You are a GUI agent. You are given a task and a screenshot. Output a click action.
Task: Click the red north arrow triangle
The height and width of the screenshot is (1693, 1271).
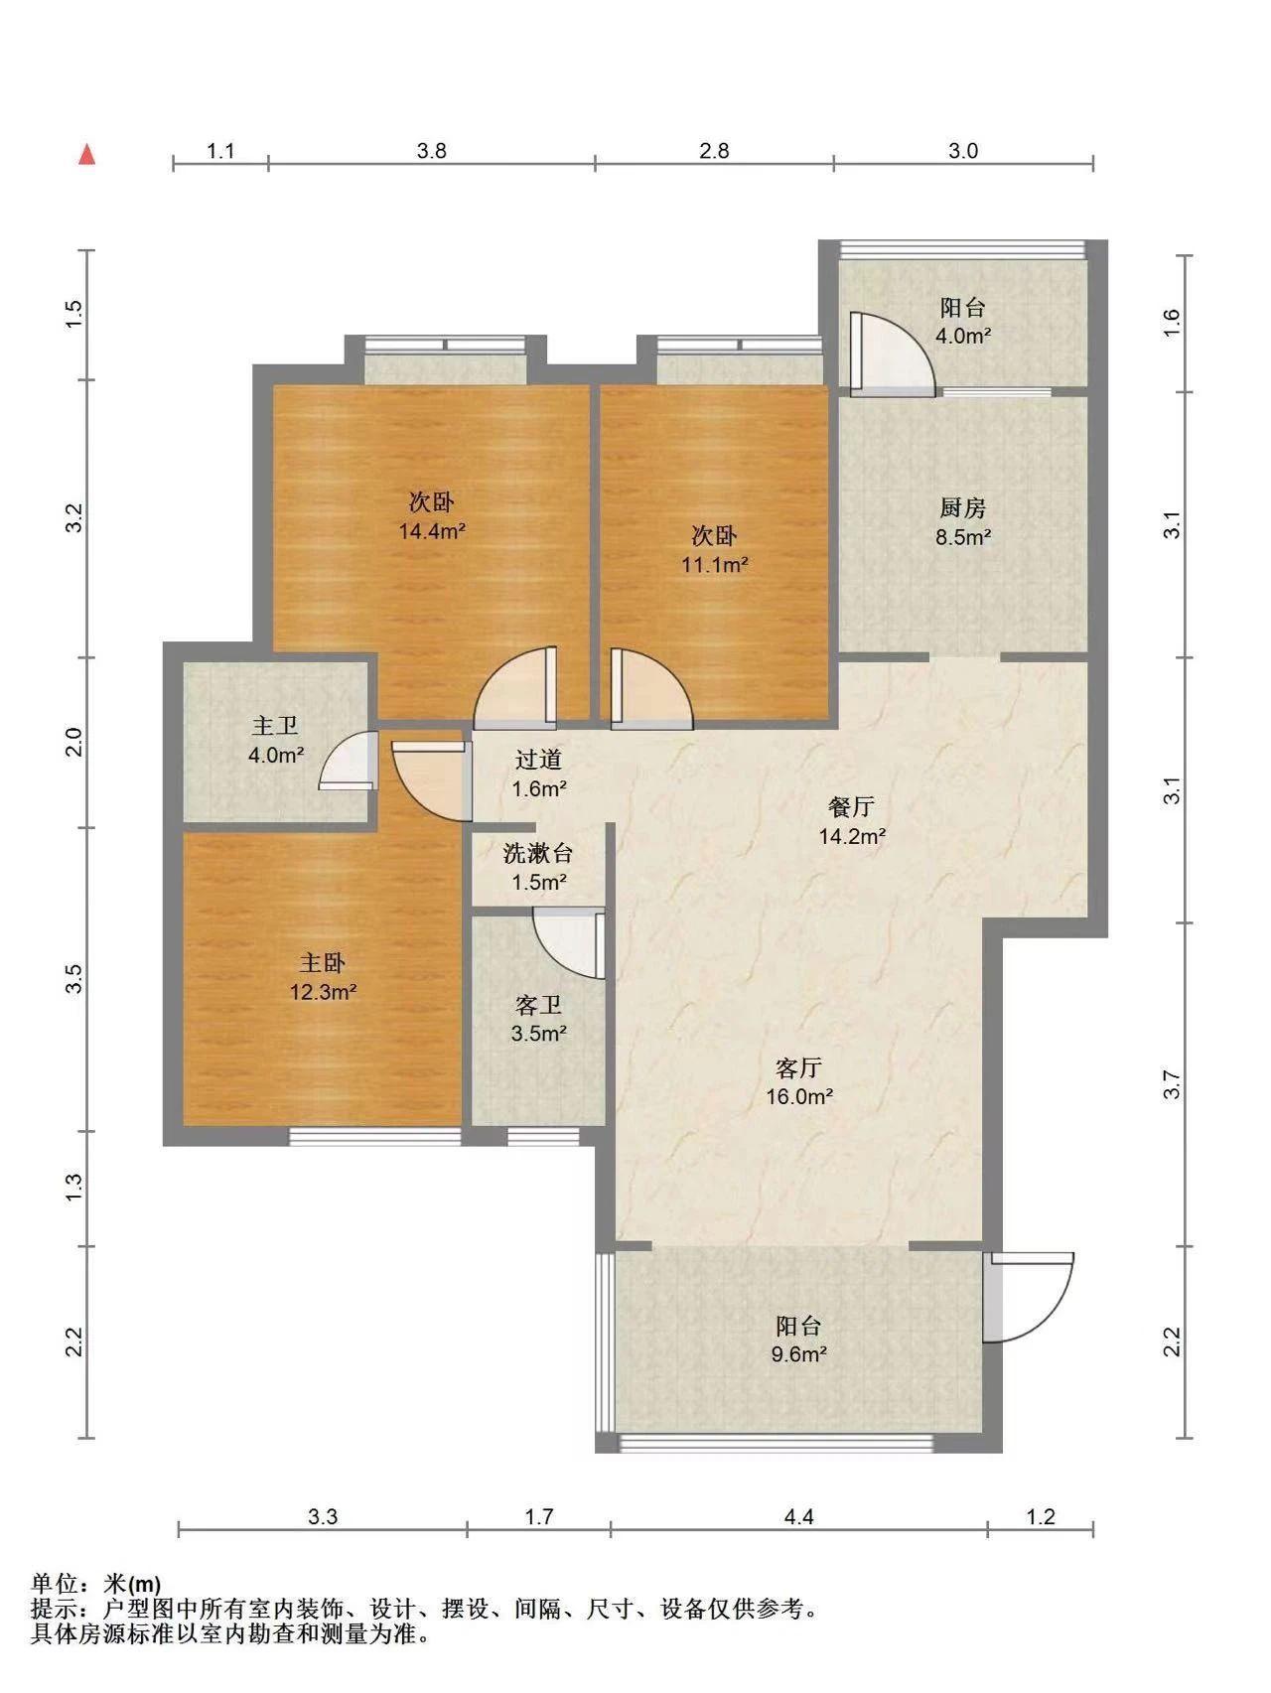tap(87, 154)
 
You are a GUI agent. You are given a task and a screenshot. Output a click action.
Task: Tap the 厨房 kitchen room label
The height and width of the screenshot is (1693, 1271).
tap(962, 508)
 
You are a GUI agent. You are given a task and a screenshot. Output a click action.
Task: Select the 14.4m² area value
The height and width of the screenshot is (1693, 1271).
tap(432, 531)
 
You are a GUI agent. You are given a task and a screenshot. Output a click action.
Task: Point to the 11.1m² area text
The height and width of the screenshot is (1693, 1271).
tap(714, 565)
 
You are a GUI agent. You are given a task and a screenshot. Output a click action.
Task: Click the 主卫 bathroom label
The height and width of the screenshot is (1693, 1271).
tap(275, 728)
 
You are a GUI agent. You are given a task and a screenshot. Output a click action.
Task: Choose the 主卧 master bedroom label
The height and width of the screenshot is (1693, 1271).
tap(323, 963)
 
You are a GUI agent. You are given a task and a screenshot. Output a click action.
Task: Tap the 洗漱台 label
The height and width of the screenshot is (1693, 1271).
tap(538, 853)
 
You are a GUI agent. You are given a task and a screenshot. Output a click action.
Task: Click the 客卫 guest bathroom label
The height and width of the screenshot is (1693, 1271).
tap(538, 1006)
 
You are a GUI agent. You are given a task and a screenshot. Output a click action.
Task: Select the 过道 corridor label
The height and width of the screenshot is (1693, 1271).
tap(538, 761)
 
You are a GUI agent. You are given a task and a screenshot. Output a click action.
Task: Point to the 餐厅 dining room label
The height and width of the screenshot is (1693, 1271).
tap(851, 806)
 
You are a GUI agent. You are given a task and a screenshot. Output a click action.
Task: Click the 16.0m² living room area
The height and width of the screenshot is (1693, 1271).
tap(798, 1097)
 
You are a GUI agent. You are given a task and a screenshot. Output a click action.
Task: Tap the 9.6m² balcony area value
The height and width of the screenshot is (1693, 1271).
tap(798, 1354)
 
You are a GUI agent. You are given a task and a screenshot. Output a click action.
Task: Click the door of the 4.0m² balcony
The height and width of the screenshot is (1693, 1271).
tap(891, 354)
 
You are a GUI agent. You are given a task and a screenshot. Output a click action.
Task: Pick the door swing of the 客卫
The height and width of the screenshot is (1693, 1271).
tap(569, 944)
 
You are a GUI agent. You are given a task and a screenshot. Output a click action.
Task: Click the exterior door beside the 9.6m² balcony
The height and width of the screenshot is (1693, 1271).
tap(1030, 1298)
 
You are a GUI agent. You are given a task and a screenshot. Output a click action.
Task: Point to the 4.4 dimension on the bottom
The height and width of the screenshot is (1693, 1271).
tap(798, 1517)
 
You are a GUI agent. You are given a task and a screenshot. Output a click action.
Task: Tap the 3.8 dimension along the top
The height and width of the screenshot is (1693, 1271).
tap(431, 151)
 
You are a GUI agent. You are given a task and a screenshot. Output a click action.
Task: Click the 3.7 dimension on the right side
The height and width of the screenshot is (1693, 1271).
tap(1173, 1084)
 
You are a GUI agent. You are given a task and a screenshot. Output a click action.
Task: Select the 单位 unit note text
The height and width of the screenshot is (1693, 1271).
tap(96, 1583)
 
